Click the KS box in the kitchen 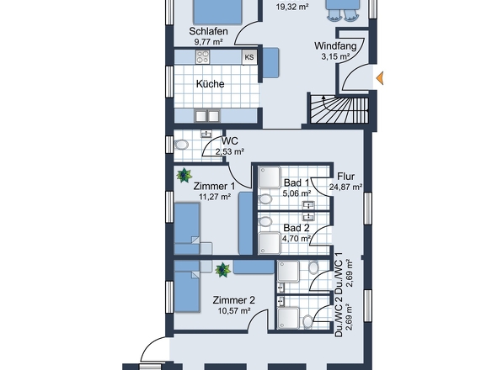pyautogui.click(x=249, y=57)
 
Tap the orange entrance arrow pyautogui.click(x=380, y=78)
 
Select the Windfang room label pyautogui.click(x=335, y=46)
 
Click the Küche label pyautogui.click(x=210, y=84)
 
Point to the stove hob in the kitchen pyautogui.click(x=202, y=57)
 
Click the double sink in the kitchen pyautogui.click(x=207, y=116)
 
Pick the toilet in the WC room pyautogui.click(x=182, y=145)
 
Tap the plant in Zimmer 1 pyautogui.click(x=184, y=175)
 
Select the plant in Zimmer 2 pyautogui.click(x=222, y=270)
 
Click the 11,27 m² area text pyautogui.click(x=215, y=197)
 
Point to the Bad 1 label pyautogui.click(x=297, y=182)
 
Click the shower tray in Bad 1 pyautogui.click(x=269, y=177)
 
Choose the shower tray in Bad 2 pyautogui.click(x=269, y=243)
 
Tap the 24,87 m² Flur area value pyautogui.click(x=346, y=187)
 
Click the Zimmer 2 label pyautogui.click(x=233, y=300)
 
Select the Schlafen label pyautogui.click(x=209, y=31)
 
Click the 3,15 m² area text pyautogui.click(x=335, y=56)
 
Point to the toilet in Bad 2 pyautogui.click(x=265, y=221)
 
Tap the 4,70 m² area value pyautogui.click(x=297, y=238)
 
